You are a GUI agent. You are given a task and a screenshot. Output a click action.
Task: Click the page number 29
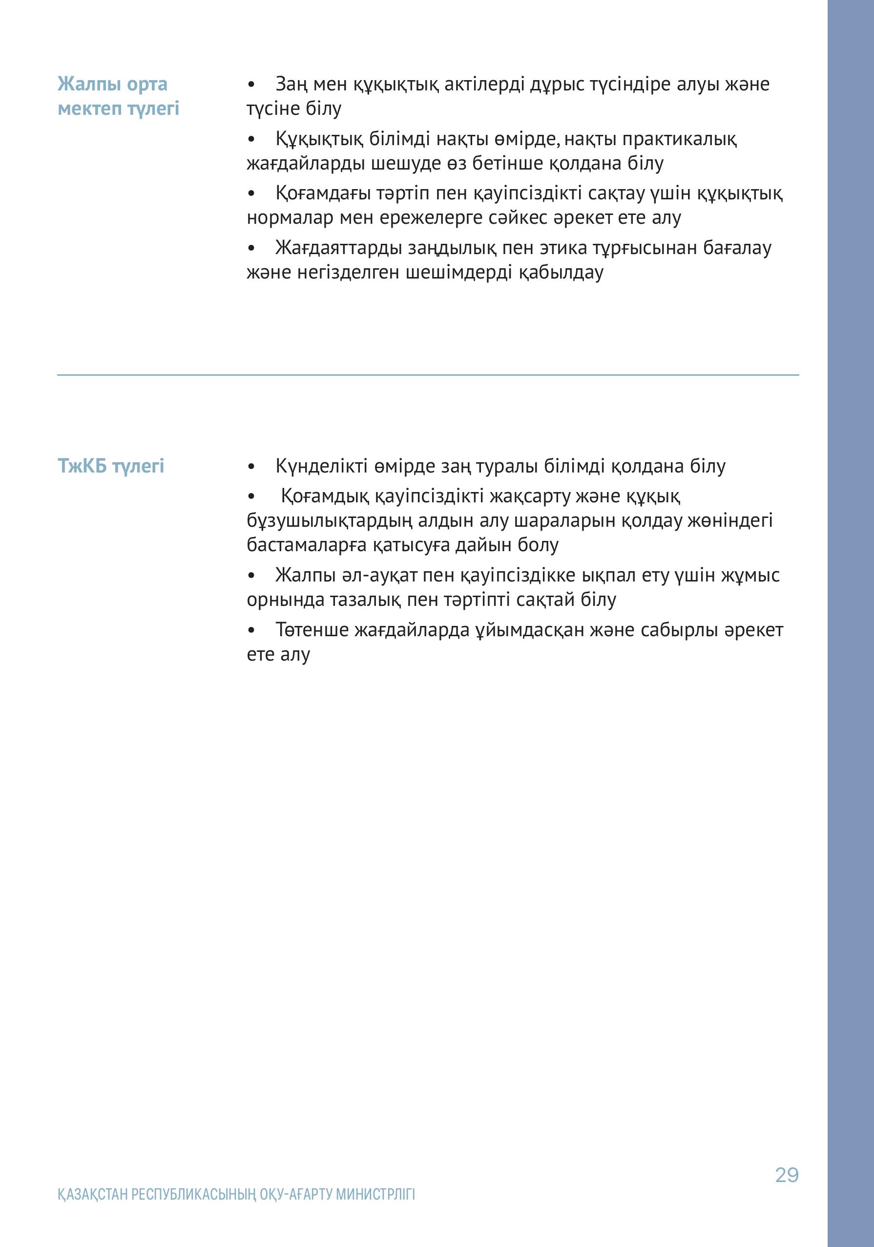[x=787, y=1175]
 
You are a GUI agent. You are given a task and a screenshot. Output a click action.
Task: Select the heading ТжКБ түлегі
[x=111, y=466]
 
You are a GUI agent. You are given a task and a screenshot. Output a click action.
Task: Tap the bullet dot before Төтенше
[x=251, y=630]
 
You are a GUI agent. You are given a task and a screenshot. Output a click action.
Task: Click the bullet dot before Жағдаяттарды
[x=251, y=248]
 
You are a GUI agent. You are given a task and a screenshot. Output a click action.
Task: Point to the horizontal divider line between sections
[x=428, y=375]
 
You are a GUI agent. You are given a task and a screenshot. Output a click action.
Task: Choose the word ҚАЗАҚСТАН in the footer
[x=93, y=1194]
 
